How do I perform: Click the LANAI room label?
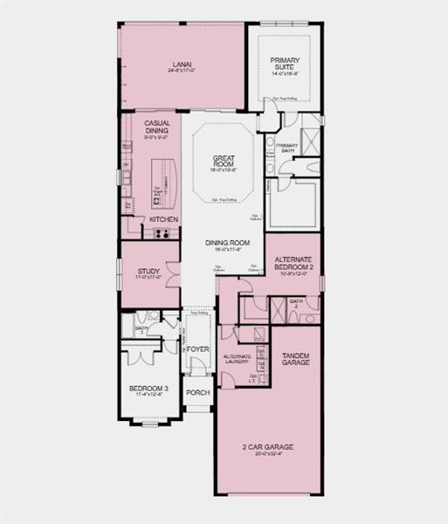[182, 63]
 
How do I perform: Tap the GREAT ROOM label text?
[224, 162]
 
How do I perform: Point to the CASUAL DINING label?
[157, 127]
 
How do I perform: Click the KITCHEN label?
[163, 219]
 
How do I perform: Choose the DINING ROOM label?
[228, 242]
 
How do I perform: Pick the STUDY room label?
[148, 272]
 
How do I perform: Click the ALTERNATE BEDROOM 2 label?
[293, 264]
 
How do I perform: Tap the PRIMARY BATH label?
[287, 148]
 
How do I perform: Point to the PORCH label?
[197, 392]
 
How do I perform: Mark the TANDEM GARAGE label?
[295, 357]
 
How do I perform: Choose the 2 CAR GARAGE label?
[268, 446]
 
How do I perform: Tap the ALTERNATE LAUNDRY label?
[238, 358]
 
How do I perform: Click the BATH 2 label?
[295, 303]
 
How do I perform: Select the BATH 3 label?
[141, 330]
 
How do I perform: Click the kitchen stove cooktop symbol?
[162, 233]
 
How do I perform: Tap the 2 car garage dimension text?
[268, 453]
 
